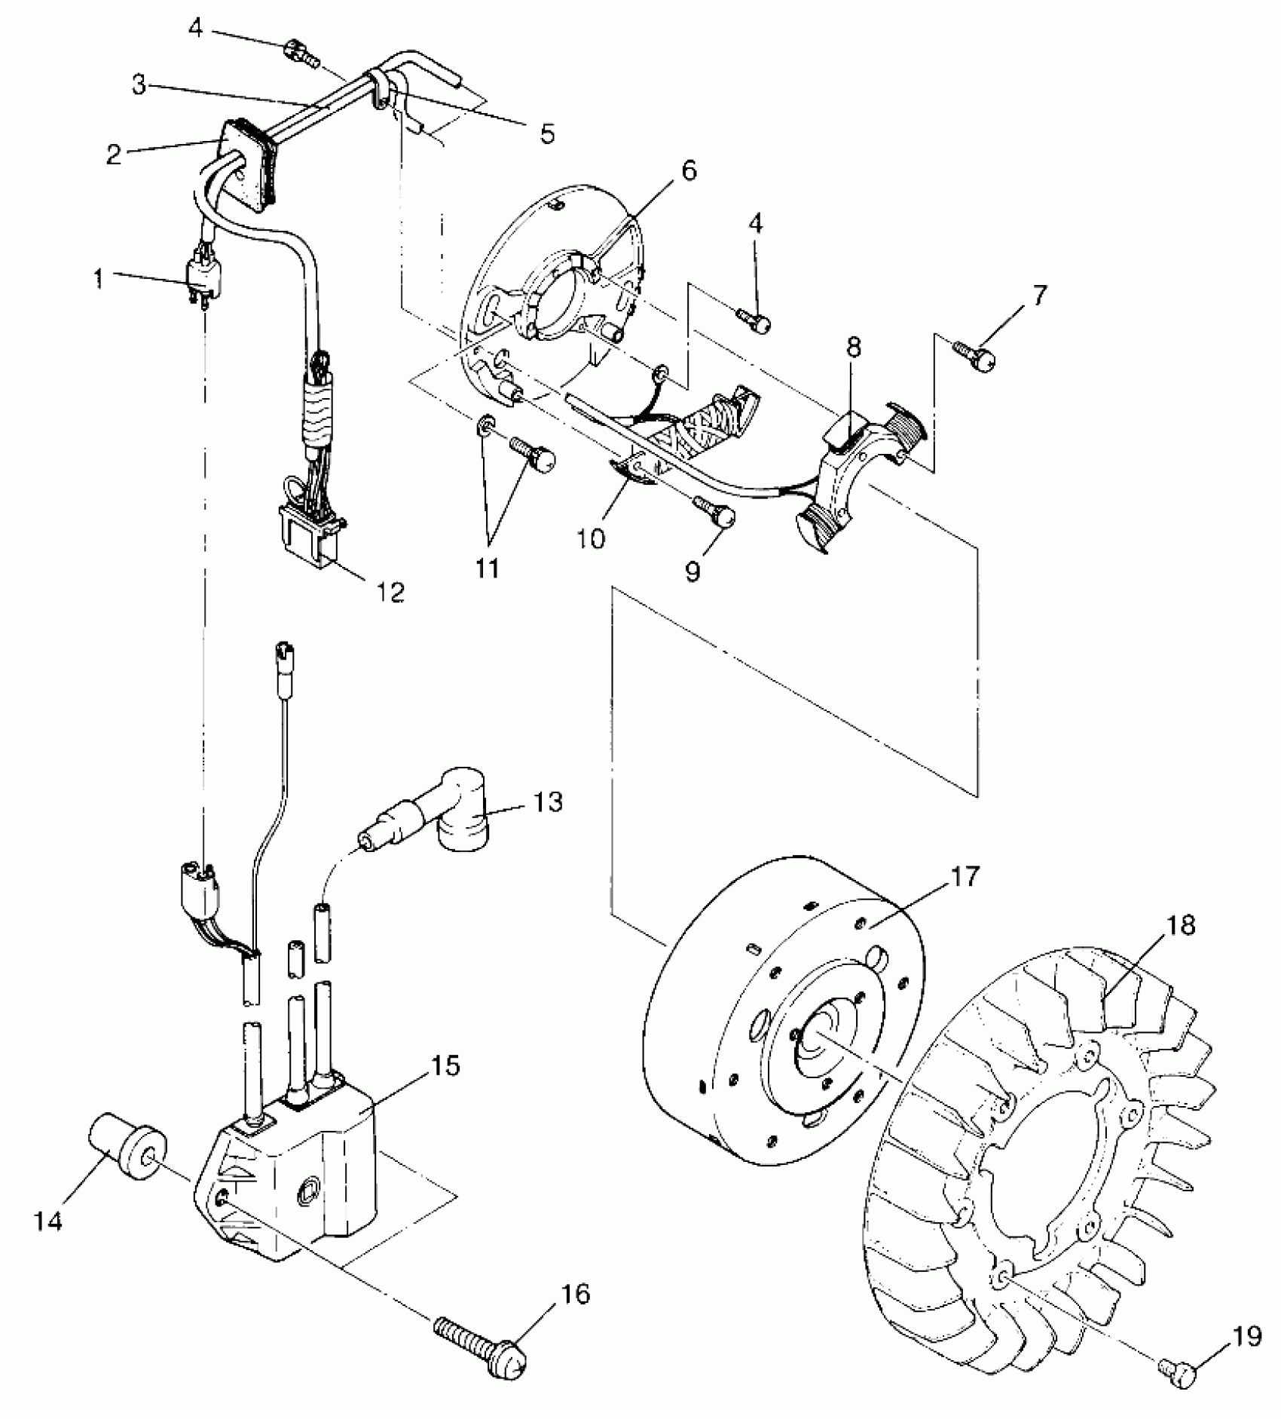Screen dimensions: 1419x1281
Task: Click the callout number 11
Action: (x=488, y=567)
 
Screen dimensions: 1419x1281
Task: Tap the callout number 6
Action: (x=688, y=171)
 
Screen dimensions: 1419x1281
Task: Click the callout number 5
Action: (x=547, y=134)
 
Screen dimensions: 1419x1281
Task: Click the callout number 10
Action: (x=592, y=539)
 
